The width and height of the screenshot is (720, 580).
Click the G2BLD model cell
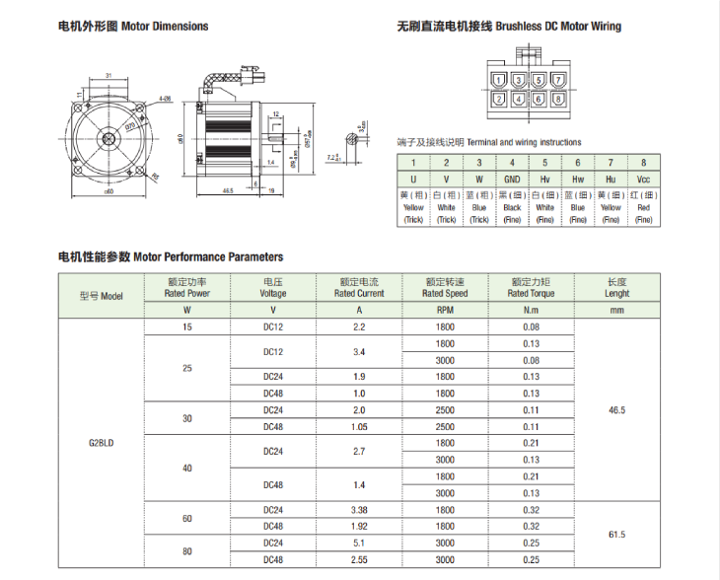tap(102, 443)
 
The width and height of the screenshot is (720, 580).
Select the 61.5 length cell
tap(617, 535)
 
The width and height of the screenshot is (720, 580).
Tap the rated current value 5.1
tap(359, 543)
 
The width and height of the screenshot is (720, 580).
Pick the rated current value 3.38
tap(359, 510)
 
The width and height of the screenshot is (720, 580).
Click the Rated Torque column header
tap(531, 288)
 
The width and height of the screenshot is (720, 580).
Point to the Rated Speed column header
tap(445, 288)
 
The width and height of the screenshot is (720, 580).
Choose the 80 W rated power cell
tap(187, 550)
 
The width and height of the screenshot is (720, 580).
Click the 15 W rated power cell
tap(187, 326)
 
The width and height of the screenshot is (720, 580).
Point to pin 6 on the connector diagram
tap(539, 99)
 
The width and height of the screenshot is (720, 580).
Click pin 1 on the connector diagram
tap(500, 80)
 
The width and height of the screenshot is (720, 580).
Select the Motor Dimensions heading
tap(133, 27)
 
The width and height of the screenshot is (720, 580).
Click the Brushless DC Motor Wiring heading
tap(509, 27)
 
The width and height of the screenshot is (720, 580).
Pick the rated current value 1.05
tap(359, 427)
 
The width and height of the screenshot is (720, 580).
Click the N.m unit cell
tap(531, 310)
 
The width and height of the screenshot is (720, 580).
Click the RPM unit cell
tap(445, 310)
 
